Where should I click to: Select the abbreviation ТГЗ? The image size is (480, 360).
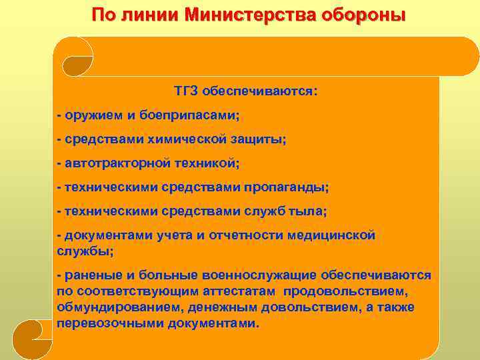point(187,90)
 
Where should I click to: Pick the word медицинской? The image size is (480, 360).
point(331,235)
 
